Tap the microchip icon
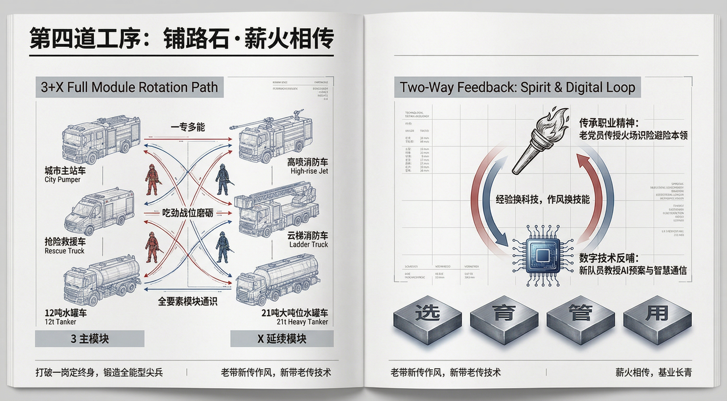542,256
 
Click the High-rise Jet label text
309,171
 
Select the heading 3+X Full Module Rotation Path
129,87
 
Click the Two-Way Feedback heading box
517,87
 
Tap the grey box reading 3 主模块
90,339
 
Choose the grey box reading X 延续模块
282,339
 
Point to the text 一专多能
188,127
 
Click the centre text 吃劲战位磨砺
188,213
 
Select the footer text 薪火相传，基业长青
653,373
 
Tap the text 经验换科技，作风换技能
542,200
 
